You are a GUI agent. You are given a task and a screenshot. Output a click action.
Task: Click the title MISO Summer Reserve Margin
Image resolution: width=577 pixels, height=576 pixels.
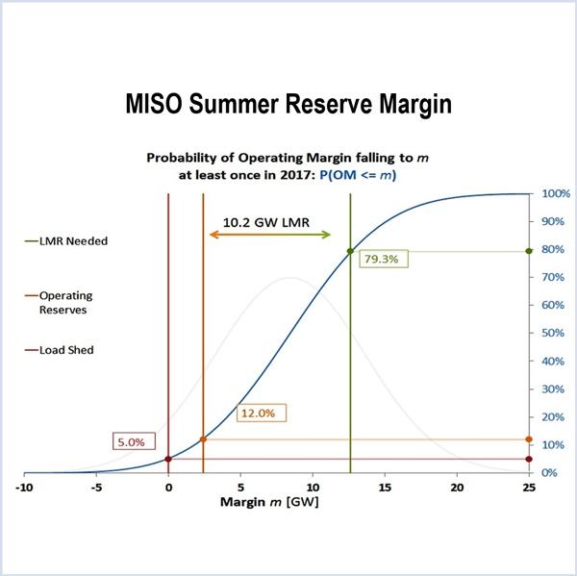point(288,105)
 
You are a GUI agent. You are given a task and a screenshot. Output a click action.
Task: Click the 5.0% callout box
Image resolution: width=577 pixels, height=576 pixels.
point(130,442)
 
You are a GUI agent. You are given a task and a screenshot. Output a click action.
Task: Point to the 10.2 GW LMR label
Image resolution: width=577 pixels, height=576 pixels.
point(266,221)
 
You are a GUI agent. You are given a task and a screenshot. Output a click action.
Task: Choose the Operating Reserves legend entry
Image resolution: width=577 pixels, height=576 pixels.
point(73,302)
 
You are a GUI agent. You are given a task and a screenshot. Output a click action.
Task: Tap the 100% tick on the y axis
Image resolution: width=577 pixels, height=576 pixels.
point(557,194)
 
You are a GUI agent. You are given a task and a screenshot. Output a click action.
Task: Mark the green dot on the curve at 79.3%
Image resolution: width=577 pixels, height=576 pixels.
point(350,251)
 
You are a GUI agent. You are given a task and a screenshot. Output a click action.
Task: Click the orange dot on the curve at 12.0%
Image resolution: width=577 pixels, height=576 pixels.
point(203,439)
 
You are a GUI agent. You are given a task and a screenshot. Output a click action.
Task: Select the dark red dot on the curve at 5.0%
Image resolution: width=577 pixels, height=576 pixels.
point(168,460)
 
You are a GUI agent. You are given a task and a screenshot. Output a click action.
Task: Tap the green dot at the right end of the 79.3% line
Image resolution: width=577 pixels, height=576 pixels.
point(529,251)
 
